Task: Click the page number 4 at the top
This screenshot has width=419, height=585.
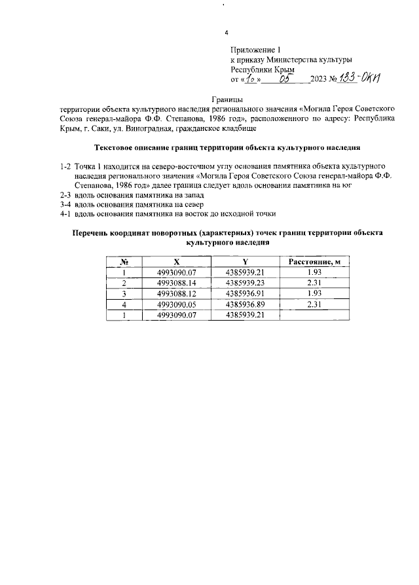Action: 227,33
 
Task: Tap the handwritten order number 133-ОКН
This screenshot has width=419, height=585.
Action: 361,78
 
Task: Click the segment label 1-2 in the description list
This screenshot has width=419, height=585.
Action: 65,167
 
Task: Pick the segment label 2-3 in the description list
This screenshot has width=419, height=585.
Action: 65,195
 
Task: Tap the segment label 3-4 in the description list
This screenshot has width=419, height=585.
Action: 65,204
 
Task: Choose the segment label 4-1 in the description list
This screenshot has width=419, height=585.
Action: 65,213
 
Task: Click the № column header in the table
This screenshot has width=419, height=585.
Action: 123,262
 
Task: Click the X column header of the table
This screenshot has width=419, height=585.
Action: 176,262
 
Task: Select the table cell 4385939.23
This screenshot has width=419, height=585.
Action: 245,283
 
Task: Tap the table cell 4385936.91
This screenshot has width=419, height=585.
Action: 245,294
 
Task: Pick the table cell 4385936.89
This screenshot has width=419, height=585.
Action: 245,304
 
